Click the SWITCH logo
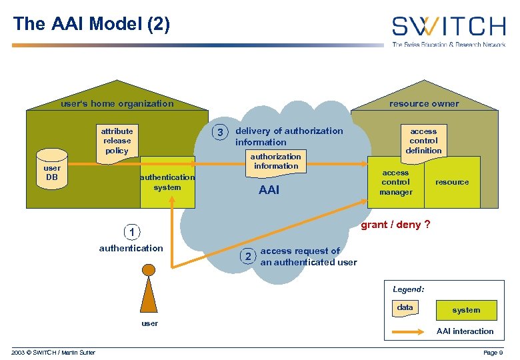point(448,27)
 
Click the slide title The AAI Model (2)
point(91,25)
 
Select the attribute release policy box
point(117,141)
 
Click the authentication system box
point(167,182)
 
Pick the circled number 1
point(132,232)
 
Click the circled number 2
point(247,256)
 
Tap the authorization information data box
point(275,162)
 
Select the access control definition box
point(423,141)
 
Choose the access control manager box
point(396,182)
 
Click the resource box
point(452,182)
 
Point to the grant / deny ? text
point(395,225)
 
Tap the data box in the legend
point(405,308)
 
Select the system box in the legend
point(465,310)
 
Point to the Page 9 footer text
point(491,352)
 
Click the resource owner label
point(424,103)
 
